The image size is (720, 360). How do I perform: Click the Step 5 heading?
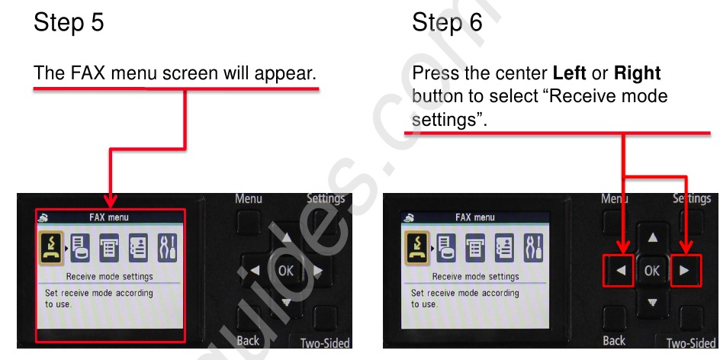click(69, 23)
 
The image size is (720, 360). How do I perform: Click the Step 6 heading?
click(447, 23)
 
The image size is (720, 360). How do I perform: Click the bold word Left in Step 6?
click(569, 74)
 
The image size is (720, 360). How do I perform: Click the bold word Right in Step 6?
click(637, 74)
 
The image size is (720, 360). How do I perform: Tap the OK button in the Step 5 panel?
click(286, 270)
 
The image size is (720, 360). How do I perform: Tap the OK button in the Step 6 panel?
click(652, 270)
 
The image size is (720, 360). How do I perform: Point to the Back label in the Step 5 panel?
click(248, 341)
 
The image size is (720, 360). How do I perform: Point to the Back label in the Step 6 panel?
click(614, 341)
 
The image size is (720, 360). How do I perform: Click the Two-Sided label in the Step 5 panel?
click(325, 343)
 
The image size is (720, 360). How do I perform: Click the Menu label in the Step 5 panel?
click(249, 199)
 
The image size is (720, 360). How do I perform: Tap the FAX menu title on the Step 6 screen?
click(475, 217)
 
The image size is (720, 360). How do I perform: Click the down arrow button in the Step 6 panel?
click(652, 302)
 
